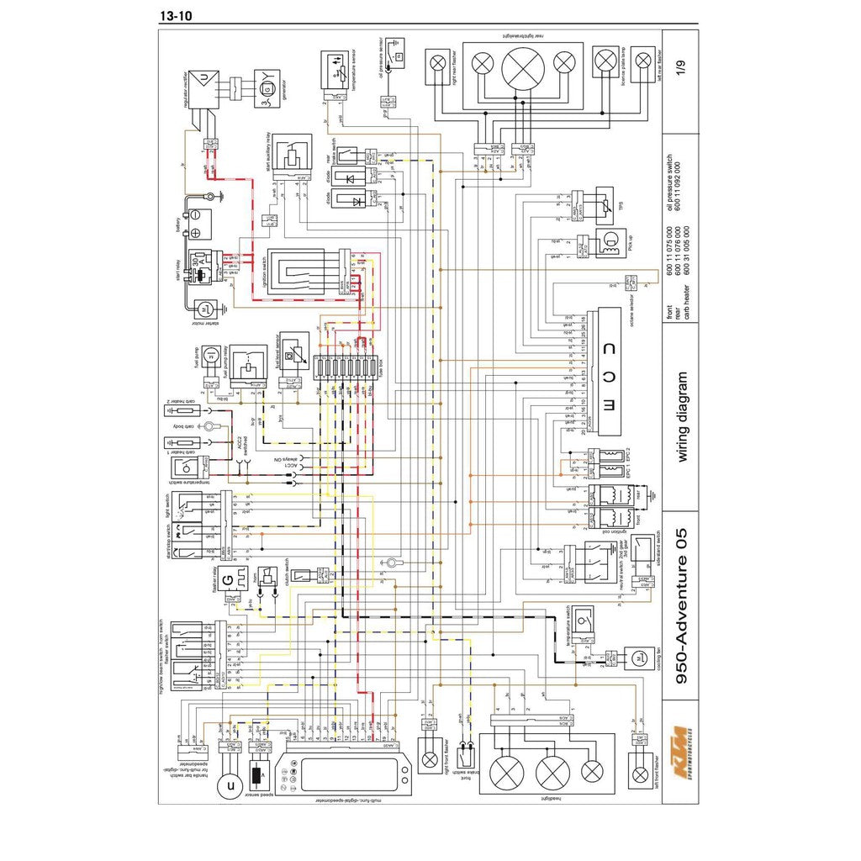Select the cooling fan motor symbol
(x=638, y=657)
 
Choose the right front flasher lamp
(x=430, y=760)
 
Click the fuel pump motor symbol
(x=212, y=357)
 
